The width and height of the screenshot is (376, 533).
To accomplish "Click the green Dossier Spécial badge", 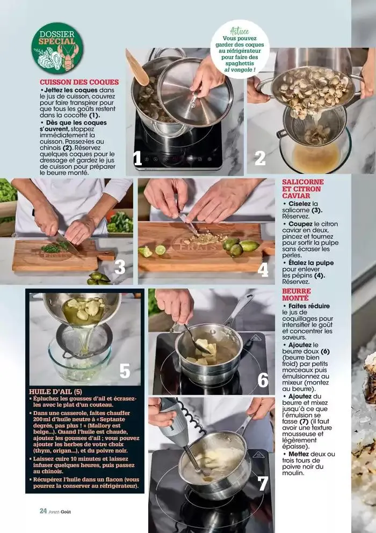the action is (57, 48).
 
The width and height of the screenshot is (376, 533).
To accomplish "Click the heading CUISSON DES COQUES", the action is (79, 82).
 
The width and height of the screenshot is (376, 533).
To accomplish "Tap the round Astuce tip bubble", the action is (240, 49).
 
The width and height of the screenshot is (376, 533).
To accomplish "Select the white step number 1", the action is (138, 159).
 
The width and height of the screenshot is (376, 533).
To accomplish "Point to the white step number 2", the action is (260, 158).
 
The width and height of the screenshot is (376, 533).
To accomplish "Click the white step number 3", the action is (120, 268).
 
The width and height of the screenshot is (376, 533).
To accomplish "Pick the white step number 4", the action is (263, 270).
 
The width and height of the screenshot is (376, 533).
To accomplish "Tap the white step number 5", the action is (125, 371).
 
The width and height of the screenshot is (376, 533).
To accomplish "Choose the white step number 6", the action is (263, 380).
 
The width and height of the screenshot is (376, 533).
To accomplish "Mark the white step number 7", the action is (263, 483).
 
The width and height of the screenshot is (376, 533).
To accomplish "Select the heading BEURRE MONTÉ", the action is (297, 294).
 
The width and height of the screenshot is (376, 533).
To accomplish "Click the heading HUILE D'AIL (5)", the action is (55, 391).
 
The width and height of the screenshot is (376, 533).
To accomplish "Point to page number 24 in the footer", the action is (44, 510).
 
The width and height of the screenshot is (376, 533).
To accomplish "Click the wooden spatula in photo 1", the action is (137, 68).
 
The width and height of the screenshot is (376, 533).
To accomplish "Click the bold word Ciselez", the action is (300, 204).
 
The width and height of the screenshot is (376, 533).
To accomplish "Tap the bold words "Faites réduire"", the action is (309, 306).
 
